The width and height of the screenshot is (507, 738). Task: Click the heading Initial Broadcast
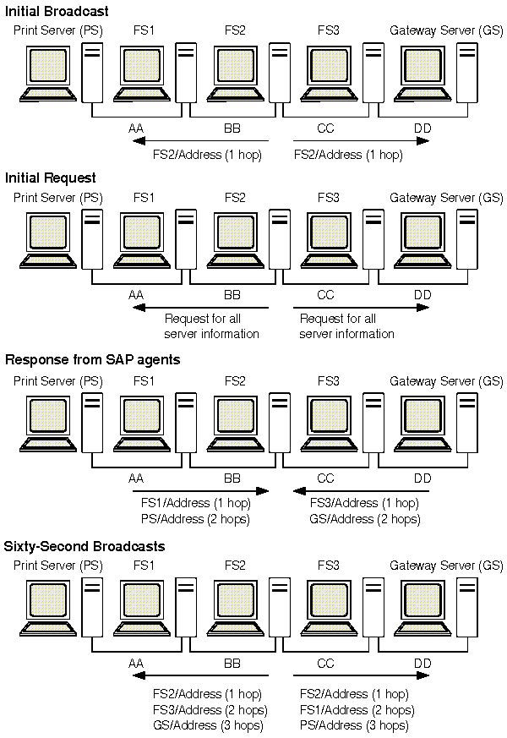pos(57,11)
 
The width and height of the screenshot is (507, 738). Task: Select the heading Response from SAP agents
pos(93,359)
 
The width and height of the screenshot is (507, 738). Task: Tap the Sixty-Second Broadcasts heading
pos(85,546)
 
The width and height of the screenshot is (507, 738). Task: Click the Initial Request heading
pos(51,178)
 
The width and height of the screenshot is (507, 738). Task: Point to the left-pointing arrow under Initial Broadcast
pos(201,141)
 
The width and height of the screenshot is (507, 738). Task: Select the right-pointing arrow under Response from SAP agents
pos(201,489)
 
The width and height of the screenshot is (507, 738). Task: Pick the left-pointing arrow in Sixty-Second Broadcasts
pos(201,675)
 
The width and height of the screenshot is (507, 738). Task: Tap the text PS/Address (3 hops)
pos(354,725)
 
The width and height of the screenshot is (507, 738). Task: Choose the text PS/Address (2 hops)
pos(195,518)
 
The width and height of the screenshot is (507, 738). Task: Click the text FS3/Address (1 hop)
pos(364,504)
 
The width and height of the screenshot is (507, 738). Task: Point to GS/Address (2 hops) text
pos(364,518)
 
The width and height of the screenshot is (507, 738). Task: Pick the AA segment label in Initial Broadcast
pos(135,128)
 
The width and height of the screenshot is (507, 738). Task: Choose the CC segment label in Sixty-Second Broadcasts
pos(325,664)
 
